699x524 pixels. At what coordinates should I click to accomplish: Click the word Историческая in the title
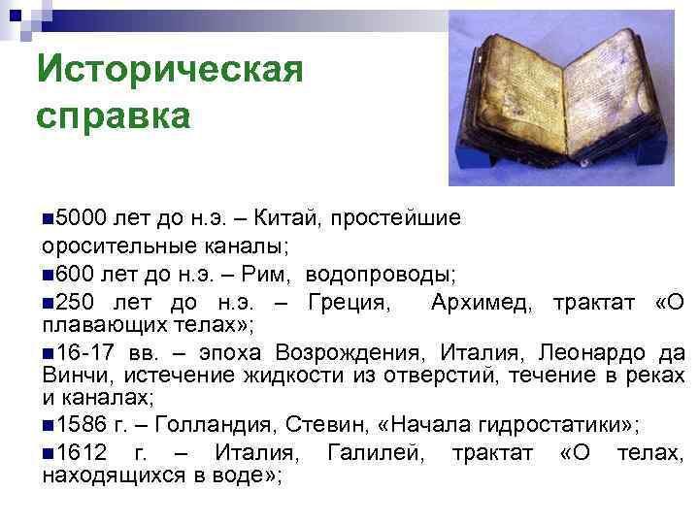tap(169, 70)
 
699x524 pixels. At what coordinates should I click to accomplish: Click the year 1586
tap(83, 423)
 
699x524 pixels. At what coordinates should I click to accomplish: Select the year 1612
tap(83, 453)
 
